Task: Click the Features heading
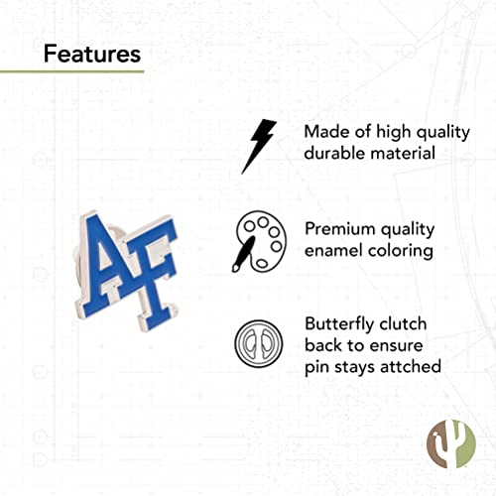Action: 91,52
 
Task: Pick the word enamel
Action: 336,251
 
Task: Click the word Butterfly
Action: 340,323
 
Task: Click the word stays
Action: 353,369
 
